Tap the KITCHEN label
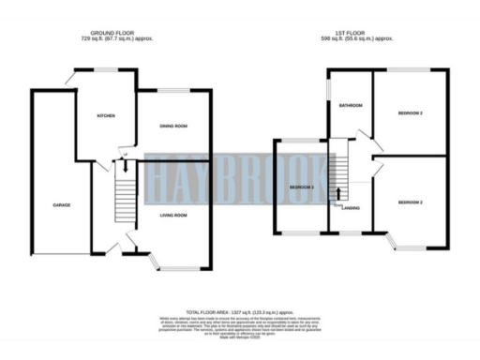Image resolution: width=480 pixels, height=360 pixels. [106, 116]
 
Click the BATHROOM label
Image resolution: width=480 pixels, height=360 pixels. [351, 106]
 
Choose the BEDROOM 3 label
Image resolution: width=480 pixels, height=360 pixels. [301, 187]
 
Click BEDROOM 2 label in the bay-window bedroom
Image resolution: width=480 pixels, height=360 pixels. [411, 202]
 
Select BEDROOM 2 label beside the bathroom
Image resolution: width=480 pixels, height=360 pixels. [411, 113]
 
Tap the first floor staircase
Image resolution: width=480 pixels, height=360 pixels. [338, 178]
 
